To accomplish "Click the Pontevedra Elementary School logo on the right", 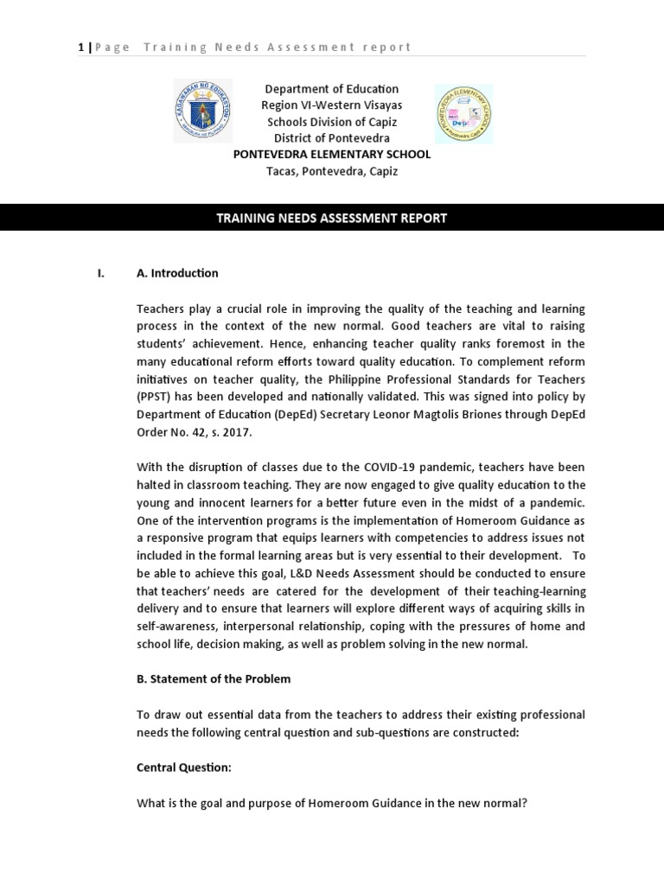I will pyautogui.click(x=463, y=113).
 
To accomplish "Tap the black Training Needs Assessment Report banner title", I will pyautogui.click(x=331, y=219).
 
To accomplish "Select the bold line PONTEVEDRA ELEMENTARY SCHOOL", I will pyautogui.click(x=331, y=155).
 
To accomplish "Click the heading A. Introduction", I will pyautogui.click(x=177, y=273).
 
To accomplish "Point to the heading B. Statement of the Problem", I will pyautogui.click(x=214, y=678).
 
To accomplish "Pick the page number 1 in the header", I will pyautogui.click(x=81, y=47).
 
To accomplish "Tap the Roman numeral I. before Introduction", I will pyautogui.click(x=100, y=273).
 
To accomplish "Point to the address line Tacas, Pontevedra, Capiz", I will pyautogui.click(x=331, y=171).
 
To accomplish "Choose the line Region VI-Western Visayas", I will pyautogui.click(x=331, y=105).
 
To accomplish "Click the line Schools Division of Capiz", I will pyautogui.click(x=331, y=122).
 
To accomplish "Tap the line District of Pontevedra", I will pyautogui.click(x=331, y=138).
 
